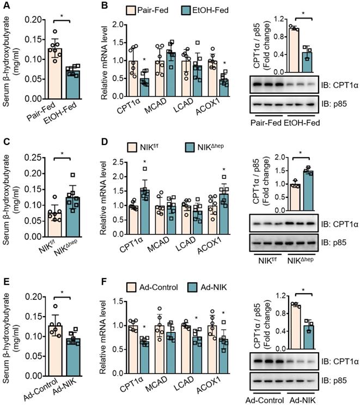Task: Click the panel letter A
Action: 6,7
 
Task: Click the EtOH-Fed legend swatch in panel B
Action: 178,10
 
